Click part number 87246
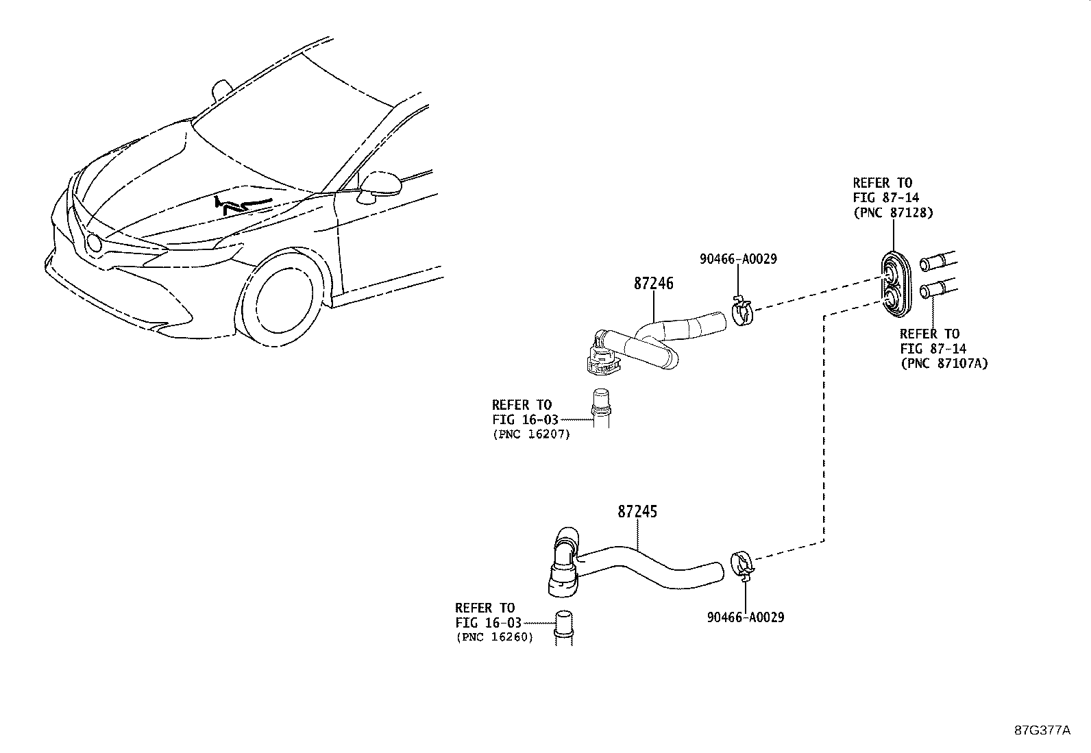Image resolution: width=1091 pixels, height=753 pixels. click(x=653, y=283)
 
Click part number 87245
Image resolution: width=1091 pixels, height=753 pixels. click(x=637, y=511)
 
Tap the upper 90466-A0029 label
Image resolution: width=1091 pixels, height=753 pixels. click(x=738, y=259)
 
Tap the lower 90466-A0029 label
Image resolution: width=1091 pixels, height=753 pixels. click(x=745, y=617)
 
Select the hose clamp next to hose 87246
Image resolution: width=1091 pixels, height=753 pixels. click(x=742, y=312)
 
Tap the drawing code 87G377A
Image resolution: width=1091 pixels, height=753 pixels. click(x=1042, y=730)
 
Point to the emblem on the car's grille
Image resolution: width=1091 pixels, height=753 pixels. click(x=93, y=242)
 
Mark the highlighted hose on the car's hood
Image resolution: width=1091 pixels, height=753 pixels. click(x=241, y=203)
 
